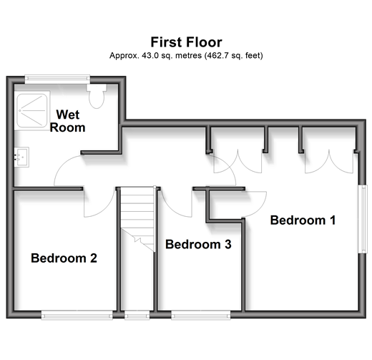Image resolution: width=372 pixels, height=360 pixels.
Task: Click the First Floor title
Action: pos(186,42)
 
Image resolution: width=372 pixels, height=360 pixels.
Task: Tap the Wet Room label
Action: pos(67,121)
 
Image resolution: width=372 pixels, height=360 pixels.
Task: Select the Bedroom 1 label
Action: pos(303,220)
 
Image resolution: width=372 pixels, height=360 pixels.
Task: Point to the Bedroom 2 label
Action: pos(64,258)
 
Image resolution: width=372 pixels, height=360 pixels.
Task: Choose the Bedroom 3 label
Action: pos(198,244)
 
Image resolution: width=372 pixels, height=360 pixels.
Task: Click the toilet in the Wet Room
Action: pos(97,96)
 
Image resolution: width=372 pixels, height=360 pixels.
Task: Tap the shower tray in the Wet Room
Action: pos(32,110)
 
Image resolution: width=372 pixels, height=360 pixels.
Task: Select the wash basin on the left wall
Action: pos(21,157)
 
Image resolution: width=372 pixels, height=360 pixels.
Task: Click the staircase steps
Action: pos(137,218)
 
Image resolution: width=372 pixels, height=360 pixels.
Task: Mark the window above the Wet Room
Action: pos(57,79)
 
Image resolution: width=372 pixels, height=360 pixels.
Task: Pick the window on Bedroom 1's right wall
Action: pos(363,219)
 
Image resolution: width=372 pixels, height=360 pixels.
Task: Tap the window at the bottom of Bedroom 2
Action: pos(77,315)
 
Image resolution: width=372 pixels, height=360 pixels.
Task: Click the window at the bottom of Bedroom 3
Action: pos(201,315)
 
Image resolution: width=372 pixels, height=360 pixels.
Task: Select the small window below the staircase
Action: pos(137,315)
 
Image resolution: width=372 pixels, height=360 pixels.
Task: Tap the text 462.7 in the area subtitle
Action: pos(215,56)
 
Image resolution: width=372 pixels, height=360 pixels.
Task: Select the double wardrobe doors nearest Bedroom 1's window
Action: pos(329,162)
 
